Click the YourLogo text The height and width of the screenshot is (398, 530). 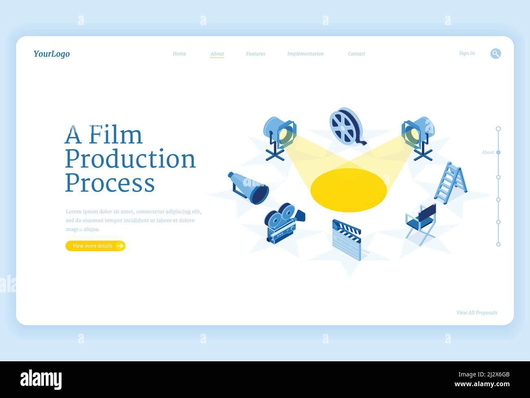[51, 54]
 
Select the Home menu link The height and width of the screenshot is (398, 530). [179, 54]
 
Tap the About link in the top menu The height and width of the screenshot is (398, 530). [217, 54]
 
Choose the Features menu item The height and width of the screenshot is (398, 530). [256, 54]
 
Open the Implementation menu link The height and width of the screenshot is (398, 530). [305, 54]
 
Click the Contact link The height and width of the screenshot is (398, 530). [356, 54]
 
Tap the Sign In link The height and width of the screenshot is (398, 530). [466, 53]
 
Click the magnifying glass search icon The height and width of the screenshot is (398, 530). [495, 53]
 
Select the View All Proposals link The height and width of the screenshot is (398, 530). [477, 313]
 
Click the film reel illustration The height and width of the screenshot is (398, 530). [346, 126]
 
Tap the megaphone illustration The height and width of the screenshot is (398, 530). [249, 188]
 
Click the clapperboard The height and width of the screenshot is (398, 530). [347, 240]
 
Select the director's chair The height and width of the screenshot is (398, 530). [421, 224]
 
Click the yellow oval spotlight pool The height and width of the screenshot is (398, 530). [349, 190]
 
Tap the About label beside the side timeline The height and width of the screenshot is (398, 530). [488, 153]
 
